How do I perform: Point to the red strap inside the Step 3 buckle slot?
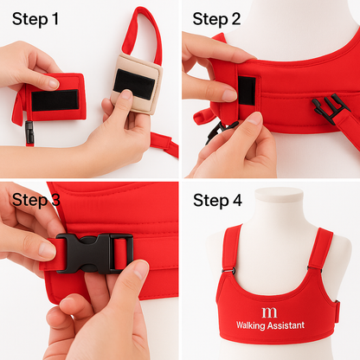click(120, 254)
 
